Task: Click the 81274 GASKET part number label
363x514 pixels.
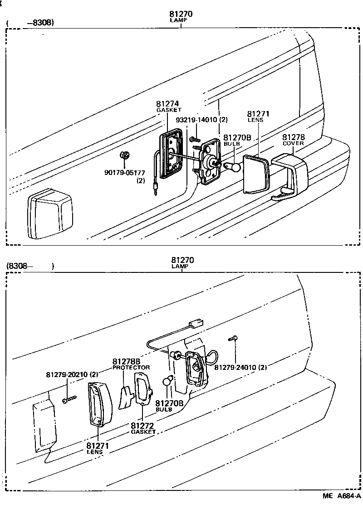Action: click(x=168, y=106)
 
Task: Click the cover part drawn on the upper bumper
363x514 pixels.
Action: click(x=290, y=174)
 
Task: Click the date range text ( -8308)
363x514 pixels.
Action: click(x=30, y=22)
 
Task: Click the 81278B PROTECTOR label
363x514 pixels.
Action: click(x=131, y=364)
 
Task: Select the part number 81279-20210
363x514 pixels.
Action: click(x=72, y=375)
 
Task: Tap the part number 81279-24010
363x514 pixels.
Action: click(x=240, y=368)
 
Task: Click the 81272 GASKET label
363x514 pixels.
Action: click(x=143, y=428)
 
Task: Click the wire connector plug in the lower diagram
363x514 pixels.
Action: click(x=196, y=325)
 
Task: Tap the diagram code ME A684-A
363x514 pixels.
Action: click(x=341, y=496)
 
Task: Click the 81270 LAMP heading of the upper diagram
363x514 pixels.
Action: click(x=181, y=16)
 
